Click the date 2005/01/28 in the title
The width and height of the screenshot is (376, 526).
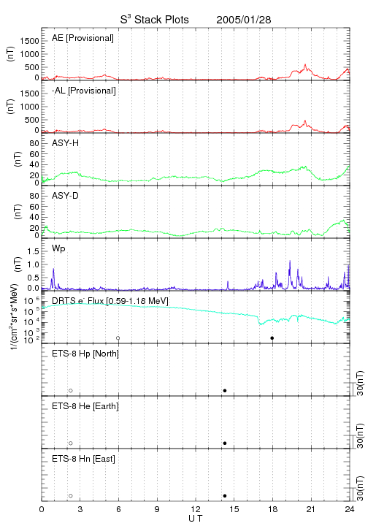[244, 20]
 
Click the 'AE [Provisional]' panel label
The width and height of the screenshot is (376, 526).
[83, 38]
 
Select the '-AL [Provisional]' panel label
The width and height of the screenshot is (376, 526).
[84, 91]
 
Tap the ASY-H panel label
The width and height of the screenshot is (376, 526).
[66, 143]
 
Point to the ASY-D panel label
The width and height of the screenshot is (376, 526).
[66, 196]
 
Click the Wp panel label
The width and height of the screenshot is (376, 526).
[58, 248]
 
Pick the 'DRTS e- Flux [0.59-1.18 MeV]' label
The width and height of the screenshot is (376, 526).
[110, 301]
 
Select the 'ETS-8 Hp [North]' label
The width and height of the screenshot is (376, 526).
[85, 354]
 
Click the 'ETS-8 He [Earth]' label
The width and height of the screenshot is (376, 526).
[85, 406]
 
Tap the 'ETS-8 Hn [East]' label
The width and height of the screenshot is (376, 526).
[83, 459]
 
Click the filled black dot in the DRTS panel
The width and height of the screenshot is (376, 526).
[272, 338]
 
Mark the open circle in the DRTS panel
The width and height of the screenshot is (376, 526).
[118, 338]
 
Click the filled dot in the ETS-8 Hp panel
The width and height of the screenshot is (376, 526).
[225, 391]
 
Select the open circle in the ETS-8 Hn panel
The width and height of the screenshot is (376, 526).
[71, 496]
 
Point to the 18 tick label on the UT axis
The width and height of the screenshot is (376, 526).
[273, 509]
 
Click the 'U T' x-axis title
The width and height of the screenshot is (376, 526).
[196, 519]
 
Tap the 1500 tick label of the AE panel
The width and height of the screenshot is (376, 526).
[29, 41]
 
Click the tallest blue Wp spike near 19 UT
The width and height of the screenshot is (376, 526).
[290, 261]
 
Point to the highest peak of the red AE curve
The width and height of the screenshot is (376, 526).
[305, 64]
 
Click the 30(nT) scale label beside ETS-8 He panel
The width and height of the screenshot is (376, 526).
[360, 435]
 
